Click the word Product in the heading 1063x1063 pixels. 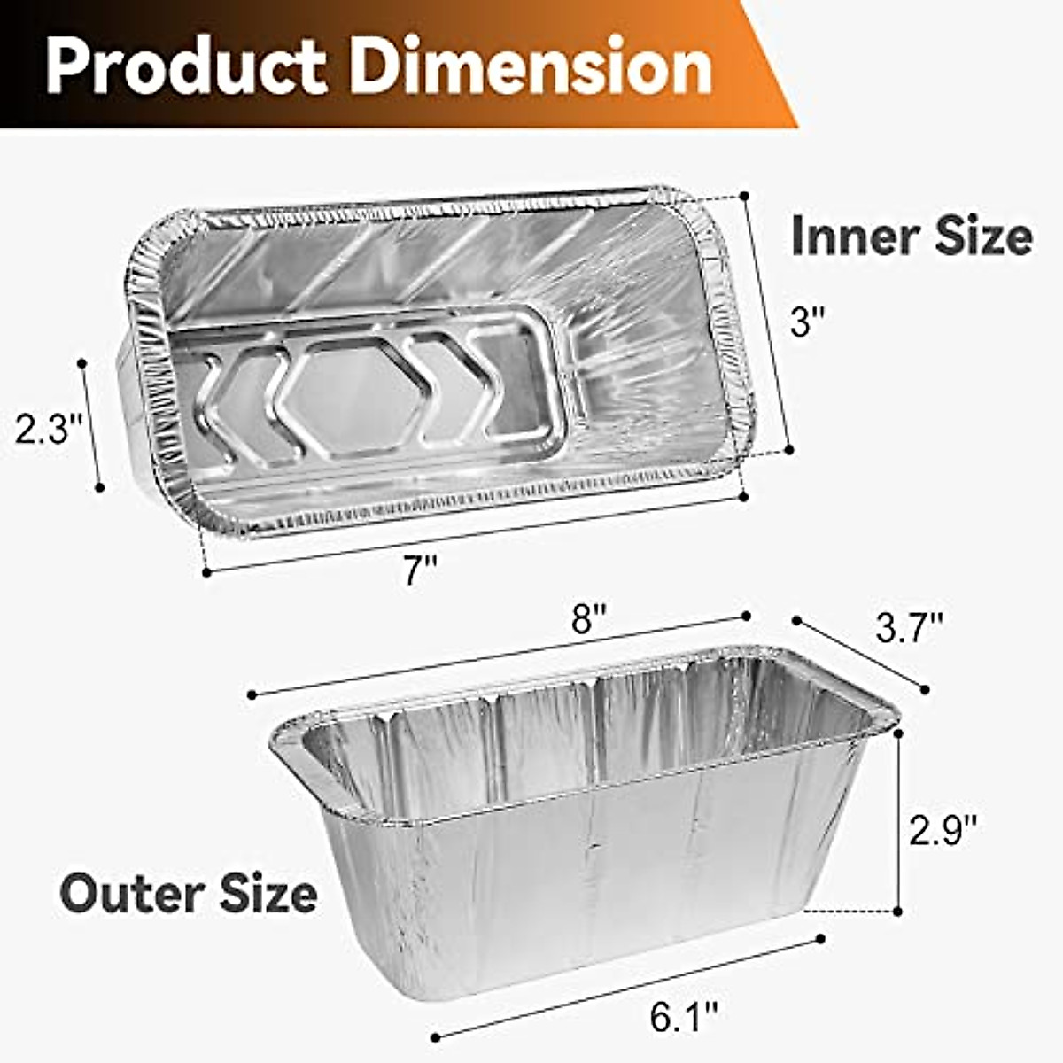click(x=186, y=66)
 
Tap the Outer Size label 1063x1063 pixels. click(x=189, y=892)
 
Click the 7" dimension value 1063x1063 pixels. click(x=422, y=570)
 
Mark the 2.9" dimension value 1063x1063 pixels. click(x=943, y=830)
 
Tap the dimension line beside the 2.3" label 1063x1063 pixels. click(x=91, y=425)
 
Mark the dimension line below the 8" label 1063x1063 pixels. click(x=499, y=656)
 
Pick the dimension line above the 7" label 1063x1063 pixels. click(x=475, y=534)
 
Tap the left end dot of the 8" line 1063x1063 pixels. click(x=252, y=694)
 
